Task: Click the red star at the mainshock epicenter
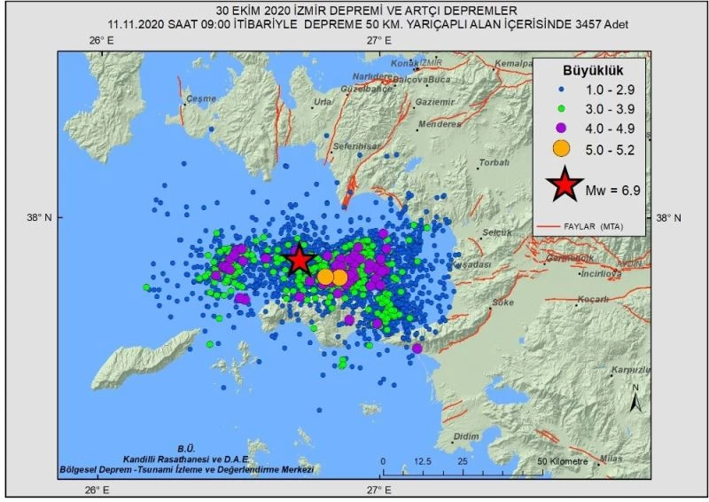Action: click(300, 260)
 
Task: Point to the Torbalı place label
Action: click(494, 163)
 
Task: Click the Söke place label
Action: click(503, 302)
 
